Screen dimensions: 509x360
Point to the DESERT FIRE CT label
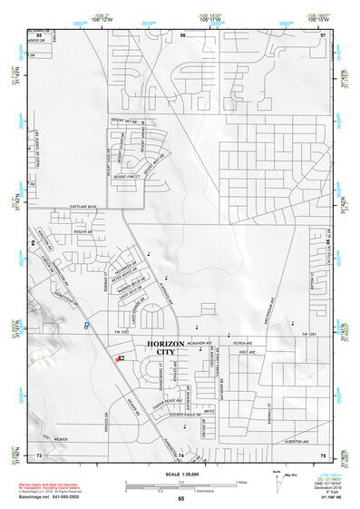[123, 165]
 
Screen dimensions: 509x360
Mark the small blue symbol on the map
[86, 323]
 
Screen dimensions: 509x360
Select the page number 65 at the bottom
[181, 498]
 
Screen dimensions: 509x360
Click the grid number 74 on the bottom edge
[181, 453]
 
